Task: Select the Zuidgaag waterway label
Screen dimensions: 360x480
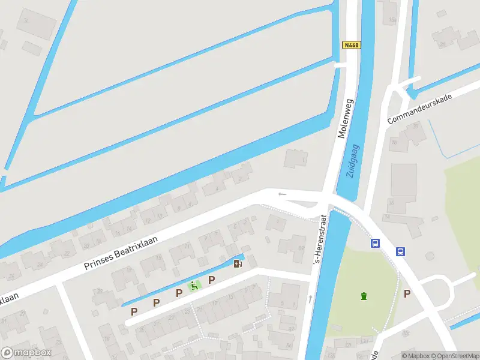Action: click(353, 160)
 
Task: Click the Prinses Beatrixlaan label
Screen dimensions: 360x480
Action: click(121, 253)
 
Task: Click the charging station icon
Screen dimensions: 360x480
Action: click(238, 263)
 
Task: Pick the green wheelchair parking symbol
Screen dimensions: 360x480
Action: click(194, 286)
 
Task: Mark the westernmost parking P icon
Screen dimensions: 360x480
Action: click(134, 311)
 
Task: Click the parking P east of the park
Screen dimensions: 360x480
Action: click(407, 293)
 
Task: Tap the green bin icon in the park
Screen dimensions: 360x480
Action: click(363, 295)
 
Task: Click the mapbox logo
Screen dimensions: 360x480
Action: click(26, 353)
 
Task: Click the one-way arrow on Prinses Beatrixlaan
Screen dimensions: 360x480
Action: click(282, 194)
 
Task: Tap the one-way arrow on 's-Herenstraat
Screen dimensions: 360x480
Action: click(310, 298)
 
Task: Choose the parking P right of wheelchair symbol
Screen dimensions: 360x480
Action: click(211, 280)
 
